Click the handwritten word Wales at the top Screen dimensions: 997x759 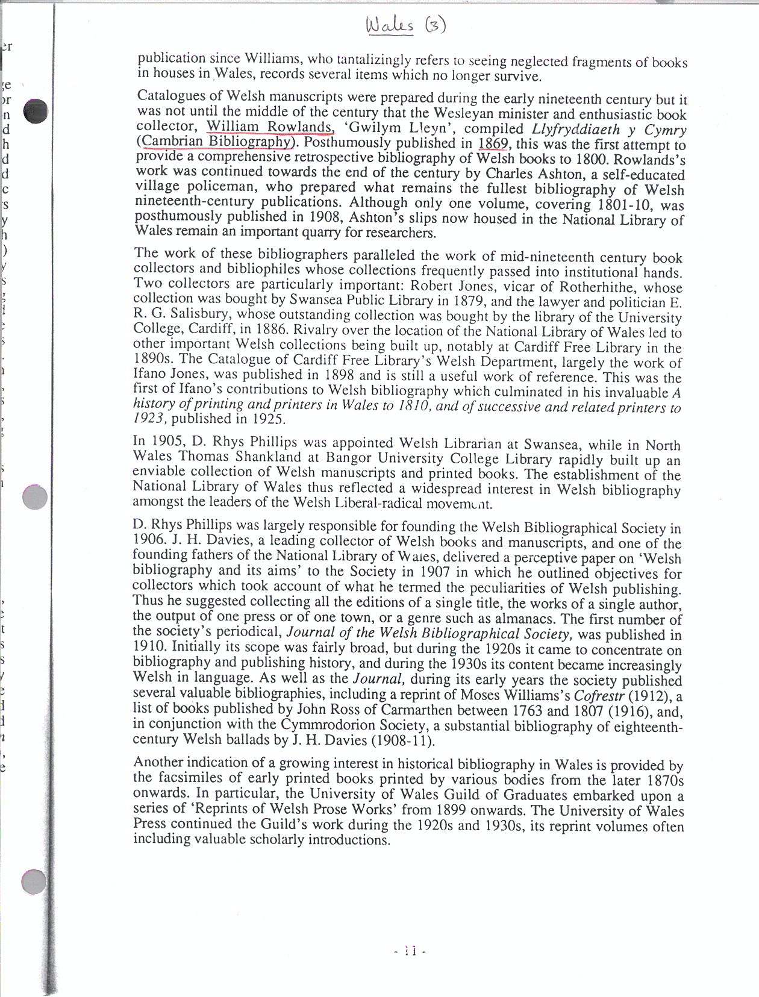click(x=390, y=25)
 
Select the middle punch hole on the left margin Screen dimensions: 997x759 click(x=34, y=497)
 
